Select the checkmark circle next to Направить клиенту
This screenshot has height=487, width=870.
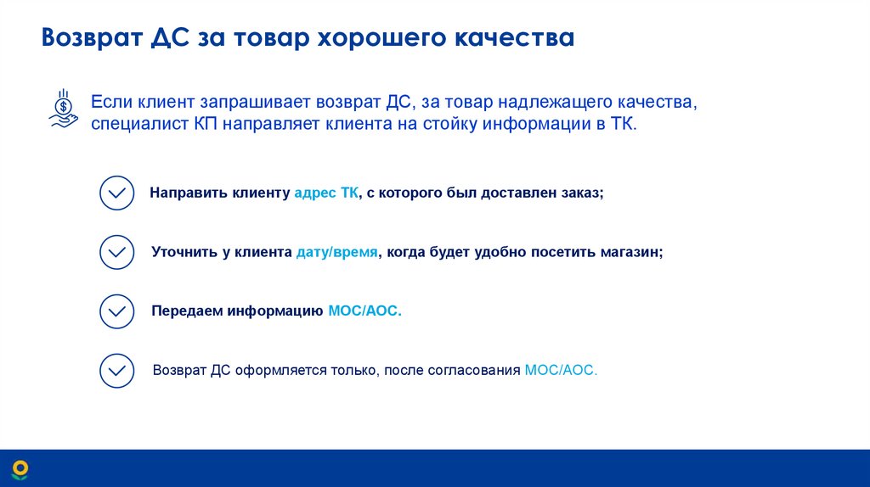116,193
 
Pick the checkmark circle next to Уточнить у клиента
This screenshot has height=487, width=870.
116,252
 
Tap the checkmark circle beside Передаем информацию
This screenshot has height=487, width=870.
116,311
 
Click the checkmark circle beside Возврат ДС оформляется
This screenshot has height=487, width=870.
116,371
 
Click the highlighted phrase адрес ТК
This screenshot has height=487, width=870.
326,193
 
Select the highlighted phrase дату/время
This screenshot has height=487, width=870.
337,252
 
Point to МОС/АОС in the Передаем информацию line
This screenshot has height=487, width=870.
364,311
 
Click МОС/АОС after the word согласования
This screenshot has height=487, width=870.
562,371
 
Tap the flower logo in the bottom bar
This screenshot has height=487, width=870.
20,468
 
